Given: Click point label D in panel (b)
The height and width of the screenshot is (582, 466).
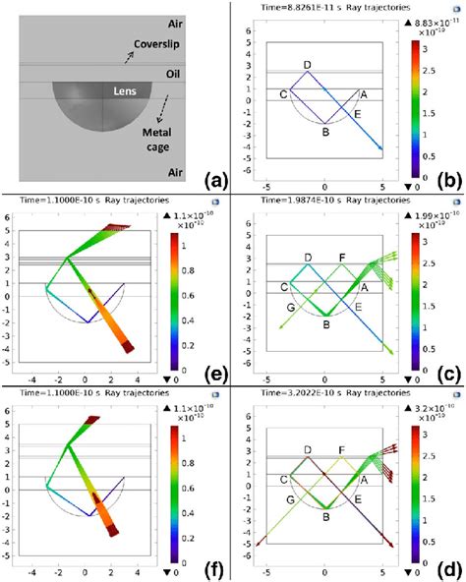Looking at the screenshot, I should coord(308,65).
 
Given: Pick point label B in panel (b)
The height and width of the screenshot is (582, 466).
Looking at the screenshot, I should coord(324,128).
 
